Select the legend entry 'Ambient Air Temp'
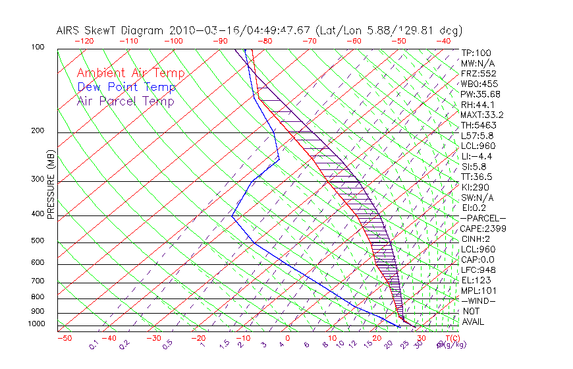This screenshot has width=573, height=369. pyautogui.click(x=130, y=73)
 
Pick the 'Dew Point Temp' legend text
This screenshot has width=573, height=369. pyautogui.click(x=126, y=87)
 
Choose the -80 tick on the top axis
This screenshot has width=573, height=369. pyautogui.click(x=264, y=41)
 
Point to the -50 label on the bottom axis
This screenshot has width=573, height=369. pyautogui.click(x=65, y=338)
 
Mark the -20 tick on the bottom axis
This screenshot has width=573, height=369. pyautogui.click(x=198, y=338)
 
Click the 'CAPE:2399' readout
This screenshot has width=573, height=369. pyautogui.click(x=482, y=228)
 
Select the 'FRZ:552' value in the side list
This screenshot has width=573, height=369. pyautogui.click(x=477, y=73)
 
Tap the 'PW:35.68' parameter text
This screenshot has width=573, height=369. pyautogui.click(x=480, y=94)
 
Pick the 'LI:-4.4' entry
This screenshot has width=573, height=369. pyautogui.click(x=476, y=156)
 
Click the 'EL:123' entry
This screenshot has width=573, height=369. pyautogui.click(x=476, y=280)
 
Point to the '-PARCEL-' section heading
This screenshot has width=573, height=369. pyautogui.click(x=483, y=218)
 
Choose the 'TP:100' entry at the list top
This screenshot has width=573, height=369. pyautogui.click(x=476, y=53)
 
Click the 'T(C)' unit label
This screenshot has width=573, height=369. pyautogui.click(x=452, y=337)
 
